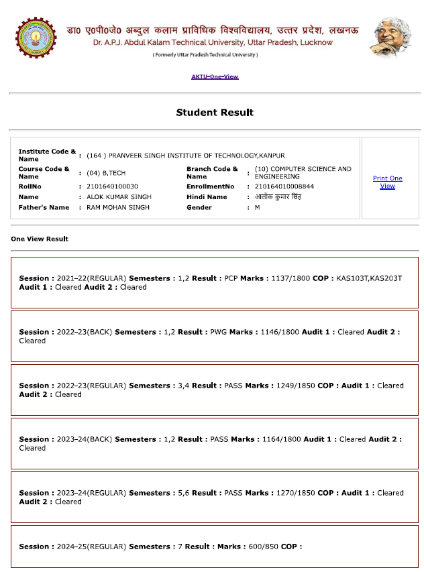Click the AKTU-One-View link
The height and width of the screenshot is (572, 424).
point(215,76)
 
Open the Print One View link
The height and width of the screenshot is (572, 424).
point(387,182)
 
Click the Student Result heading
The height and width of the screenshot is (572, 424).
point(215,113)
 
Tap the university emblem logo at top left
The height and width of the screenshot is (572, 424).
point(36,38)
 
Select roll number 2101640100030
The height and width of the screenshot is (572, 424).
point(112,186)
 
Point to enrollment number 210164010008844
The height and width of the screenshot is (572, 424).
point(284,186)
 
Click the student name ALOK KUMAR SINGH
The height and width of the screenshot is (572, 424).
point(119,197)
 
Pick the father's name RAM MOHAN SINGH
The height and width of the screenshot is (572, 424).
point(118,208)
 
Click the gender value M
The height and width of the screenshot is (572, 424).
point(258,208)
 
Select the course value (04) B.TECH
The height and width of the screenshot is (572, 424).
point(106,173)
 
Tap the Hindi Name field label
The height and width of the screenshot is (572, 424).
point(207,197)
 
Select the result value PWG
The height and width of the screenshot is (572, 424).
point(219,332)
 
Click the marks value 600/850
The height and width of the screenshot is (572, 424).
point(260,547)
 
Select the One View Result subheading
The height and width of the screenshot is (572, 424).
point(40,239)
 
